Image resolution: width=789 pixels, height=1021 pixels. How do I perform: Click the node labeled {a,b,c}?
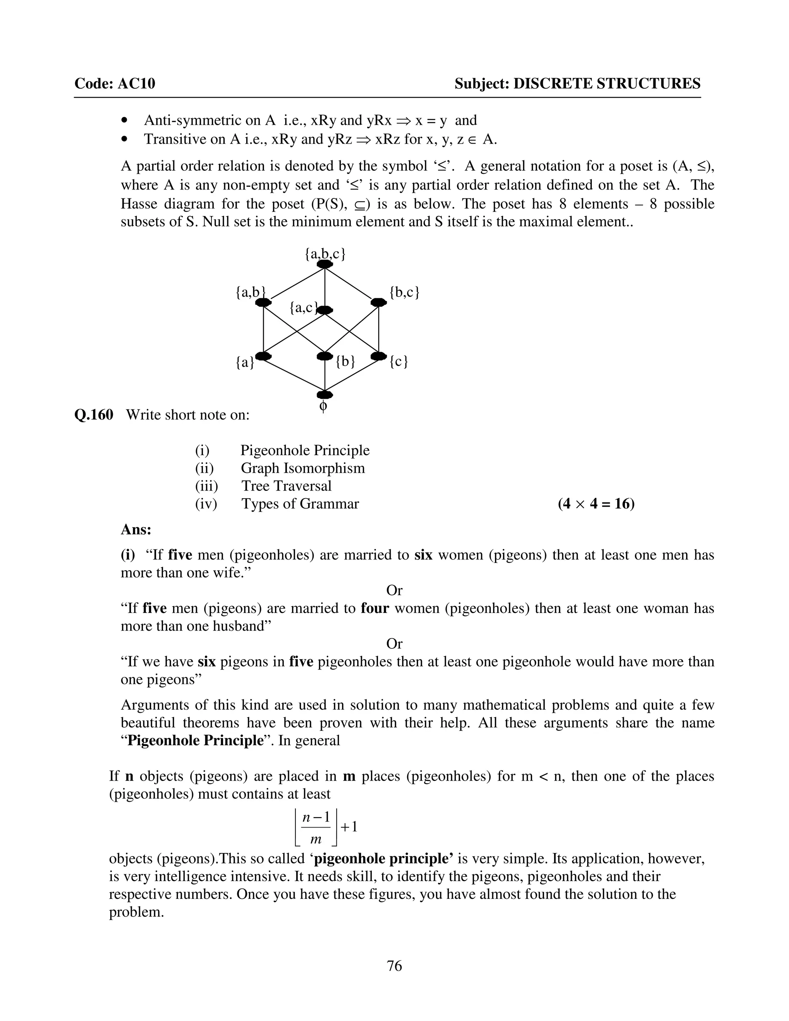pos(325,265)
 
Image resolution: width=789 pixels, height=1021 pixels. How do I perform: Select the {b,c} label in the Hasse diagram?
pos(404,293)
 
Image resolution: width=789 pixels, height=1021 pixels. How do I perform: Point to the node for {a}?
pos(264,356)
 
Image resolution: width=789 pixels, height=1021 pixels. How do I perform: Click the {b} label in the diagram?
pos(346,361)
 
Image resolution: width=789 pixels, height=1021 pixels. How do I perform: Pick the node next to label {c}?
pos(378,356)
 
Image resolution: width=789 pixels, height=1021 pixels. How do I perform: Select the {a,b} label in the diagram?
pos(250,293)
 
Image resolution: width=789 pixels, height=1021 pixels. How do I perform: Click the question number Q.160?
pos(94,415)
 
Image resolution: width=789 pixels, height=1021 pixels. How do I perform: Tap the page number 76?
pos(394,966)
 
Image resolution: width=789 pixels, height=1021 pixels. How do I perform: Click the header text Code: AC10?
pos(115,84)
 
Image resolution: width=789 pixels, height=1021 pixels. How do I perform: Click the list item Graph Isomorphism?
pos(302,468)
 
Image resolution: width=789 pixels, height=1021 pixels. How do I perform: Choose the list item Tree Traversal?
pos(286,486)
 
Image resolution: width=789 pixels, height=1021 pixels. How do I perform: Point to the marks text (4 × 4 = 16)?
pos(596,504)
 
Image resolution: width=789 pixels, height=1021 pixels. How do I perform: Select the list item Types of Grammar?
pos(300,504)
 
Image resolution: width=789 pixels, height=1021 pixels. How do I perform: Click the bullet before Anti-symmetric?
pos(124,121)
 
